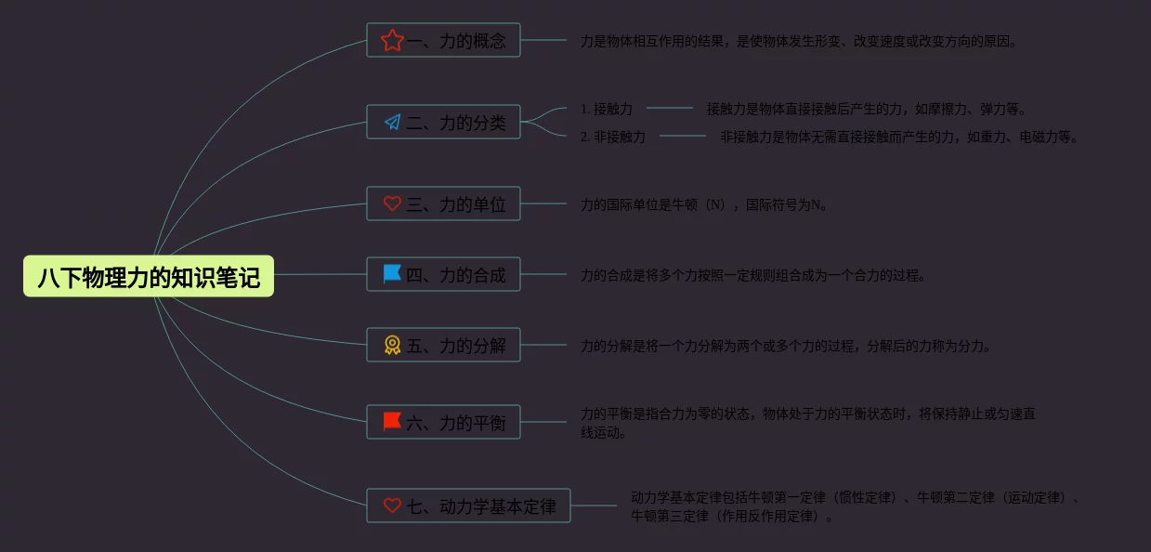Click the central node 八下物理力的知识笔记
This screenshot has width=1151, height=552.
149,276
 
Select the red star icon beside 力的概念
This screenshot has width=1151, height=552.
392,40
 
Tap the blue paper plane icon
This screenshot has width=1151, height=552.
392,122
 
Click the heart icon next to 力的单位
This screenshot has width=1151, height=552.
392,204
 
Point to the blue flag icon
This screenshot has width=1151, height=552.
392,274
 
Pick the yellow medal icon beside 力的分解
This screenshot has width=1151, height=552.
392,345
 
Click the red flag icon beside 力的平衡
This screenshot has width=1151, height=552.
392,422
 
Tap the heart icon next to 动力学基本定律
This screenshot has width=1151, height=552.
392,506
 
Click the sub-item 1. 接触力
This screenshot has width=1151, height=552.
607,109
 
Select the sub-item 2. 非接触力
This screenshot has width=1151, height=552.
613,137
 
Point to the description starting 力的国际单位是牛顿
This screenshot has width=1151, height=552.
703,204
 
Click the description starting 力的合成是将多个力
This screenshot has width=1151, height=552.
752,275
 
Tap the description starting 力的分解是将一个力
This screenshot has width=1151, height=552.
785,346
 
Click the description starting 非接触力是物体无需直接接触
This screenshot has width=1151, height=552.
898,137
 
